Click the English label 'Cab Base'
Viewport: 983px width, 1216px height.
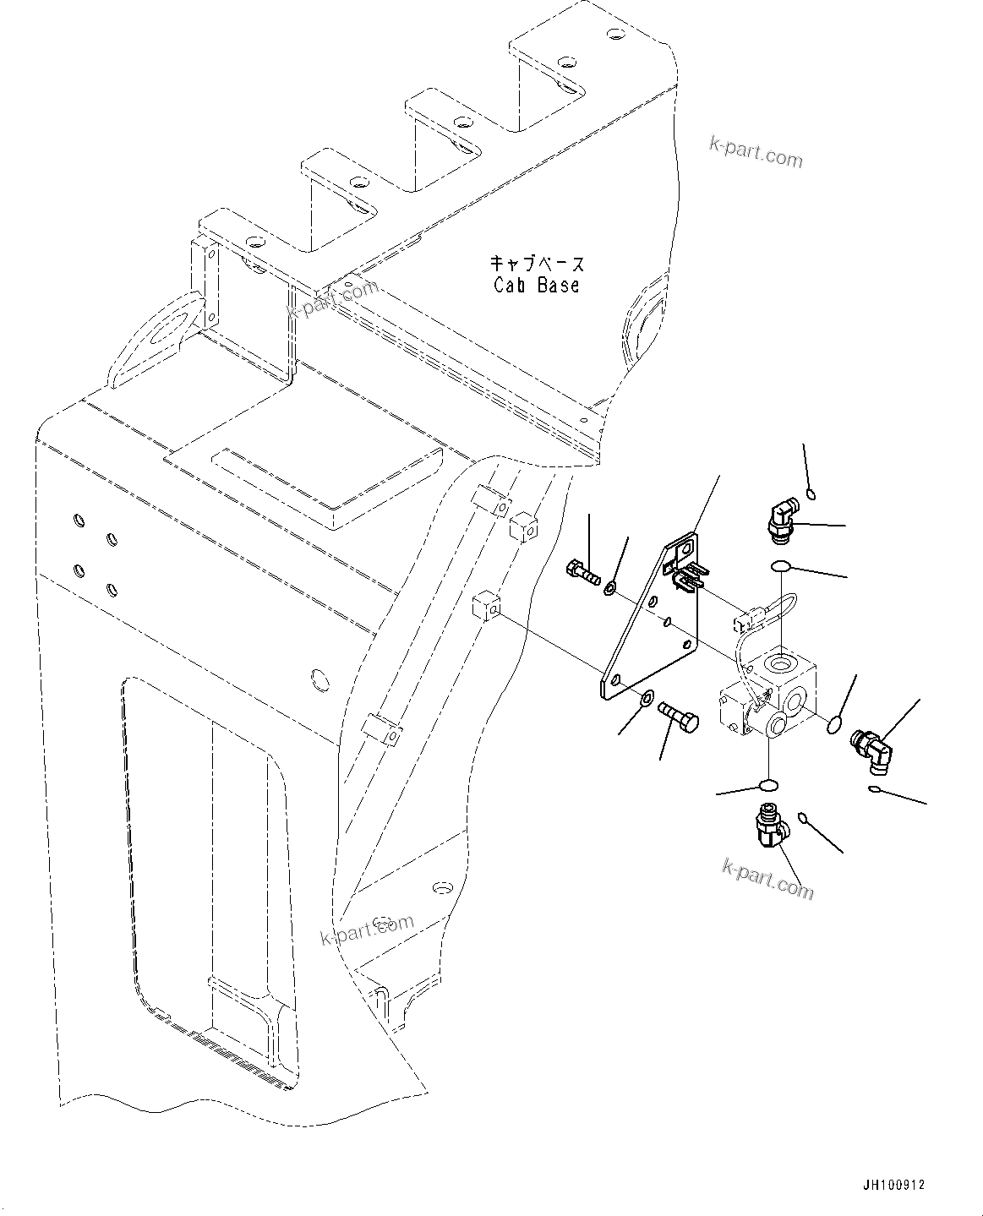[537, 286]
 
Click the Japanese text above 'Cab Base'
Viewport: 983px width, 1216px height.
[537, 264]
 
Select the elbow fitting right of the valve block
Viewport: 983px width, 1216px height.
[871, 748]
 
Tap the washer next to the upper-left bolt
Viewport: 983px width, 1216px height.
[610, 586]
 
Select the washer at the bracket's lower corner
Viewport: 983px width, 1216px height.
[646, 698]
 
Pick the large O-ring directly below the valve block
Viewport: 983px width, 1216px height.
[767, 784]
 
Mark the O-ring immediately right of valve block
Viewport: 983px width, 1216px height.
[834, 723]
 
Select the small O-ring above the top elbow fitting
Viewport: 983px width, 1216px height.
[810, 493]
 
